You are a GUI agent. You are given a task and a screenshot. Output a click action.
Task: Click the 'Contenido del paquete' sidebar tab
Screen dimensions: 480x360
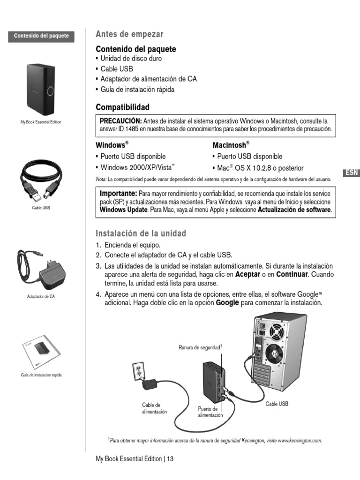click(x=41, y=36)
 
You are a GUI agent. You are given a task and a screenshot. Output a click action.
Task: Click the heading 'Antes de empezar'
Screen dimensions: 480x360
click(x=129, y=34)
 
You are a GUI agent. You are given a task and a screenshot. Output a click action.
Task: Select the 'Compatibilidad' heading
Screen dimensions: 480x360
click(x=122, y=107)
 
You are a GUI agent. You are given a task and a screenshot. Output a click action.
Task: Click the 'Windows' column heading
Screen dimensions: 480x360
click(x=112, y=145)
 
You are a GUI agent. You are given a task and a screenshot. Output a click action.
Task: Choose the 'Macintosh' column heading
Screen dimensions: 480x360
click(x=230, y=145)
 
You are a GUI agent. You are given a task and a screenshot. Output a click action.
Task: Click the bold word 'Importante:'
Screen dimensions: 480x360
click(x=119, y=194)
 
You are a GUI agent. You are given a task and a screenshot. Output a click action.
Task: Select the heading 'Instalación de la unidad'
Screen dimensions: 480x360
click(x=141, y=233)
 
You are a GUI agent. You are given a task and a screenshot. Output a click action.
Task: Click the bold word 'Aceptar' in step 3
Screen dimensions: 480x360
click(x=248, y=274)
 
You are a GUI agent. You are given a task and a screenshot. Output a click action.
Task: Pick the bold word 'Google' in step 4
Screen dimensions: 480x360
click(x=227, y=303)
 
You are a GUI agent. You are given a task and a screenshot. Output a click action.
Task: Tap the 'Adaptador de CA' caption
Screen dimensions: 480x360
click(x=41, y=296)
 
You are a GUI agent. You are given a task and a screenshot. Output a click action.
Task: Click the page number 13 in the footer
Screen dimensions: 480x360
click(x=170, y=459)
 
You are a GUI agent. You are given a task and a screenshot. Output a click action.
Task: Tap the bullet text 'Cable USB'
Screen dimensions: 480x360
click(x=117, y=69)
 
